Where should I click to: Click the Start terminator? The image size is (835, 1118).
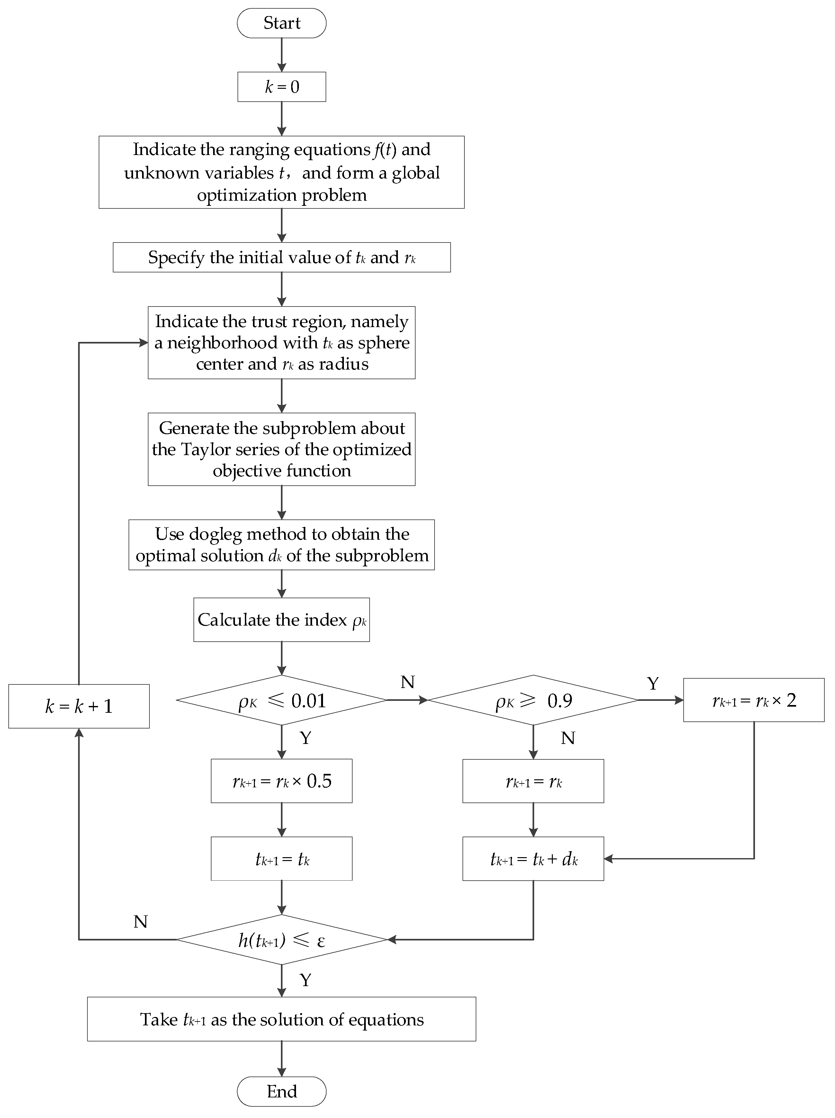coord(281,23)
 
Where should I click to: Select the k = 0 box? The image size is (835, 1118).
coord(281,87)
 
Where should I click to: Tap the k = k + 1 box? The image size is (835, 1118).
coord(79,706)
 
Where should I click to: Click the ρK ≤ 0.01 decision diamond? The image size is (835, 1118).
coord(281,700)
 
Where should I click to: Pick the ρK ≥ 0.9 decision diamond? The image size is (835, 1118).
coord(533,700)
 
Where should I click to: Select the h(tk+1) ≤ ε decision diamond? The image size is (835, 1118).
coord(281,939)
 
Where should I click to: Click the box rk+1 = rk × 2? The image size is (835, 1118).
coord(754,700)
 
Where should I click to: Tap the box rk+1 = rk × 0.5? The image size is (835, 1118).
coord(281,781)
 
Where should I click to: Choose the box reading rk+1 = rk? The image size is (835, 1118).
coord(533,781)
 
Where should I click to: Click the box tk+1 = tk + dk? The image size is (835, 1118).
coord(533,859)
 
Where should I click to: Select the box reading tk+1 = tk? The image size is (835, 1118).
coord(281,859)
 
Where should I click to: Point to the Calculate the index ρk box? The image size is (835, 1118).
coord(281,620)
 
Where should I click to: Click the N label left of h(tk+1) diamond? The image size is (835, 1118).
coord(140,921)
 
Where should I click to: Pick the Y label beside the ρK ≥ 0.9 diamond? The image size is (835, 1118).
coord(653,683)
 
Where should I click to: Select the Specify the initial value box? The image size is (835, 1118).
coord(281,257)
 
